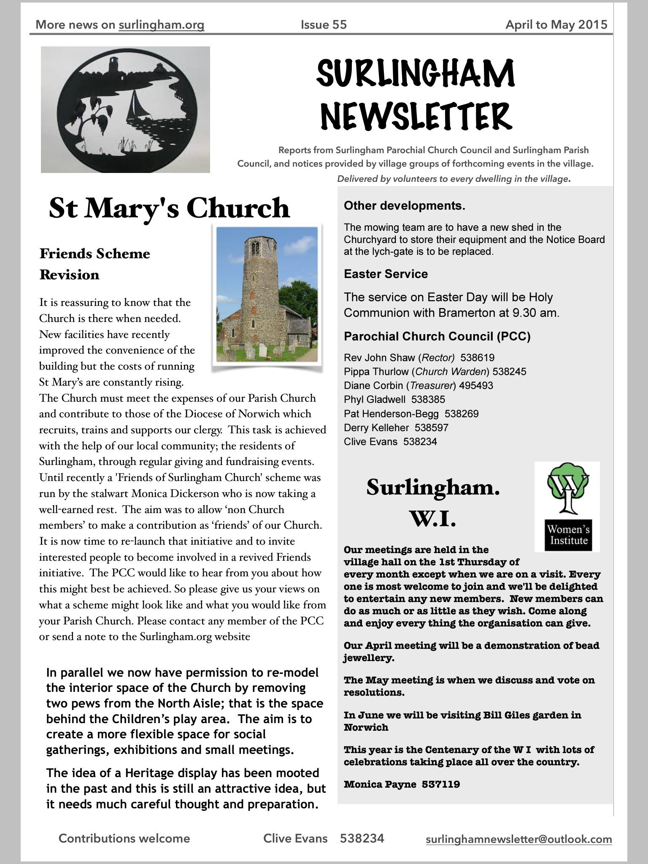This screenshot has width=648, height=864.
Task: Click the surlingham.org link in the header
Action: click(x=162, y=25)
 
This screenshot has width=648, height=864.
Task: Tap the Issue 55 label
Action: click(x=324, y=25)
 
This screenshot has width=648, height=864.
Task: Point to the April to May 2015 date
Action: click(x=556, y=25)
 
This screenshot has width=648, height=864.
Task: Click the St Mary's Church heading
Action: click(x=169, y=208)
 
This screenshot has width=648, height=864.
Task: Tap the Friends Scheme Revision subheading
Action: click(x=95, y=264)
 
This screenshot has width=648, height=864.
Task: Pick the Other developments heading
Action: click(x=405, y=206)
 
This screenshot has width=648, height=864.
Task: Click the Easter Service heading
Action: click(x=386, y=274)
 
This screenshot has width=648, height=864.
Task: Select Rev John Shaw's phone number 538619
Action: click(x=477, y=358)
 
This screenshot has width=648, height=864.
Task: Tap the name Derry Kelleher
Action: click(x=376, y=428)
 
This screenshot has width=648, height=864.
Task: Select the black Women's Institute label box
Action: click(x=567, y=535)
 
